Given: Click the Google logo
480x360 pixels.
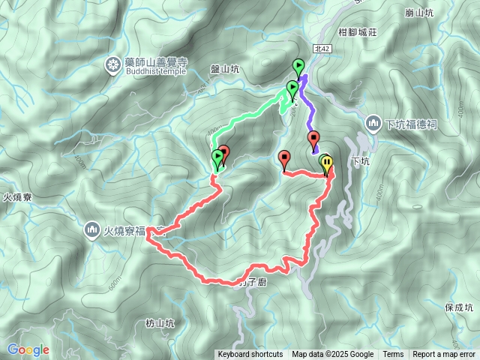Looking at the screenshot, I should pos(28,349).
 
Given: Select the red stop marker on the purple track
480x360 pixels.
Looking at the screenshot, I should pos(314,139).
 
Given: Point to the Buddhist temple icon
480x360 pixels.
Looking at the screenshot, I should pos(113,64).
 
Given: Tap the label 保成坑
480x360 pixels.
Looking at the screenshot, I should pos(459,307).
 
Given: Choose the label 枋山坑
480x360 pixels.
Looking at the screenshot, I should pos(160,323).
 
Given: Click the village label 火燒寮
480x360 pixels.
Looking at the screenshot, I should pos(16,198).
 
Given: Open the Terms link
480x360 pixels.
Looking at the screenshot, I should pos(393,355).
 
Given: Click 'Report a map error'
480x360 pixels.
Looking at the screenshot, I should pos(444,355).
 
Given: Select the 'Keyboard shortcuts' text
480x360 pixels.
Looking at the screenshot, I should pos(250,355).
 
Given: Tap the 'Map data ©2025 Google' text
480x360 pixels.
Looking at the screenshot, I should pos(333,355).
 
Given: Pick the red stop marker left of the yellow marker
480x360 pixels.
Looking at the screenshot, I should pos(284,158).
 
